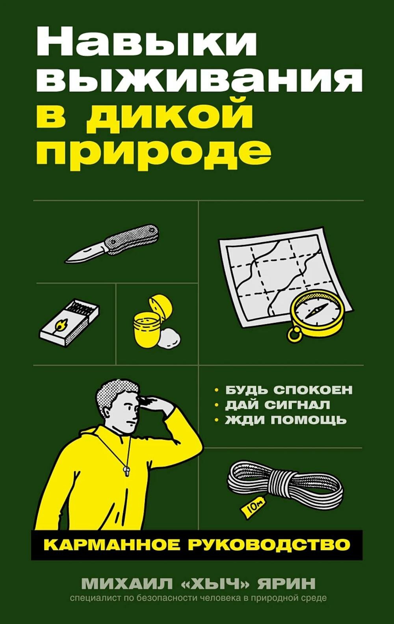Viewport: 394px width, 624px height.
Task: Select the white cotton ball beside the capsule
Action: click(169, 337)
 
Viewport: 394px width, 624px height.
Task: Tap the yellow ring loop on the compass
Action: click(294, 334)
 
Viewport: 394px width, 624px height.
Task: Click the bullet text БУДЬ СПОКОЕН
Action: click(288, 390)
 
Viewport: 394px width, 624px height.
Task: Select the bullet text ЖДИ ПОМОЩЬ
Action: click(286, 420)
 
